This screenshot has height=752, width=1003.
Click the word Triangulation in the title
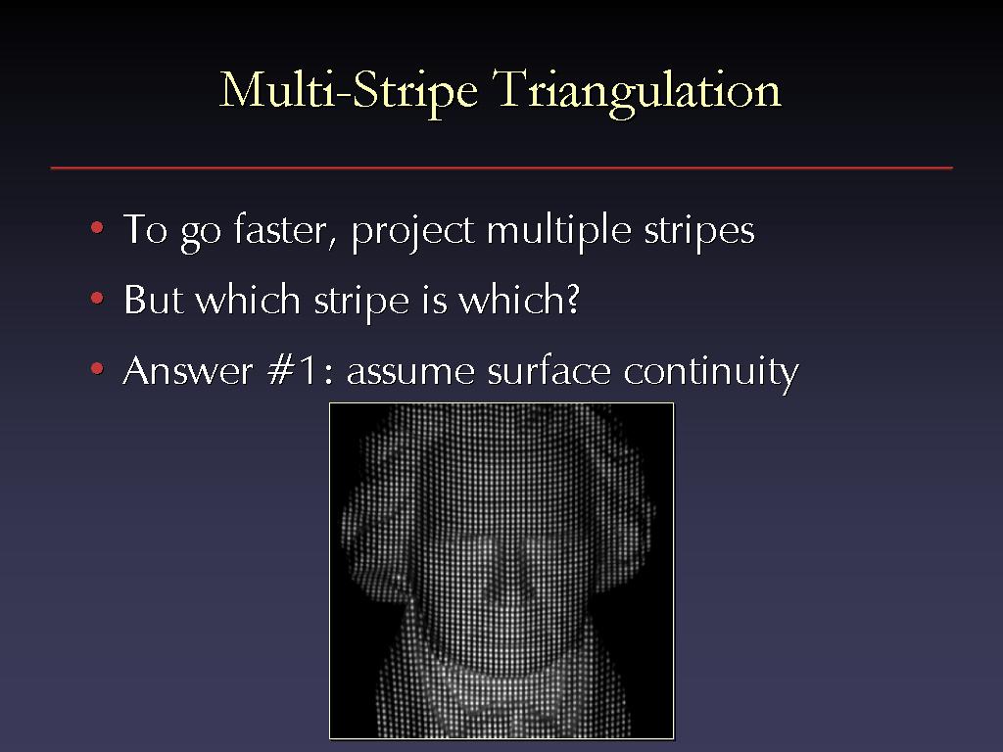click(637, 92)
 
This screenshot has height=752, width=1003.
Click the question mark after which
click(572, 298)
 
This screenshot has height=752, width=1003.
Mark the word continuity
click(711, 372)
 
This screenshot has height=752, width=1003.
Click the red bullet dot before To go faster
click(97, 227)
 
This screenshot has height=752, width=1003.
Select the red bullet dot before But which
click(97, 298)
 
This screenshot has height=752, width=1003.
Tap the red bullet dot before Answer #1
click(97, 368)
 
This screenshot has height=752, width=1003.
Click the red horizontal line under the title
click(501, 168)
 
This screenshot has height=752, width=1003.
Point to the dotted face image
click(501, 571)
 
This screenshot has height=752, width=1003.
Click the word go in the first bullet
click(201, 234)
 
